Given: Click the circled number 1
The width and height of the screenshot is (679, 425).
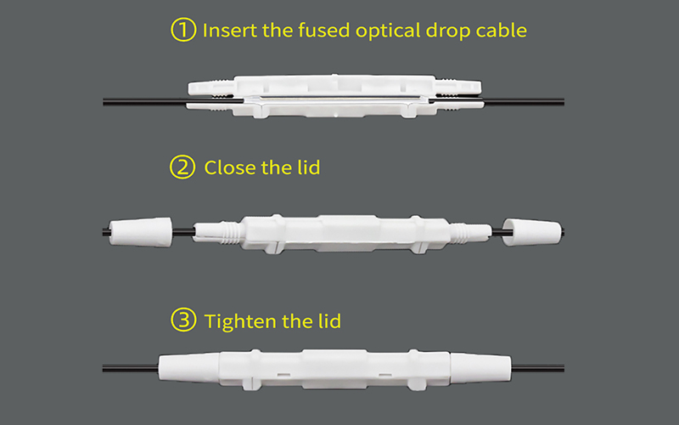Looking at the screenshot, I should [183, 31].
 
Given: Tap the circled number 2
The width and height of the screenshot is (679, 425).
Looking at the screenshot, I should [183, 167].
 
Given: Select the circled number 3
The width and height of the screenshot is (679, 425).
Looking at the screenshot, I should [183, 321].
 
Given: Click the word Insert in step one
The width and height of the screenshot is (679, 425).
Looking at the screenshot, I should [226, 31].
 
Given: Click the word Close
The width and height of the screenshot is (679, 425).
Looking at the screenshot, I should [230, 167].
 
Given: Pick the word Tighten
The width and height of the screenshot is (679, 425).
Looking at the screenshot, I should [238, 321].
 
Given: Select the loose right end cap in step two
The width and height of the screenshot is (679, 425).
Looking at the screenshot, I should [532, 231].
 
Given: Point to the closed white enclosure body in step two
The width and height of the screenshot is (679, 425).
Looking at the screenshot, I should [339, 231].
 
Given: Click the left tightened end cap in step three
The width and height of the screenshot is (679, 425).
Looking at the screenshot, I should [188, 367].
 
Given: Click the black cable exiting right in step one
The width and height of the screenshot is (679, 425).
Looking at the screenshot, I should [526, 103].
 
